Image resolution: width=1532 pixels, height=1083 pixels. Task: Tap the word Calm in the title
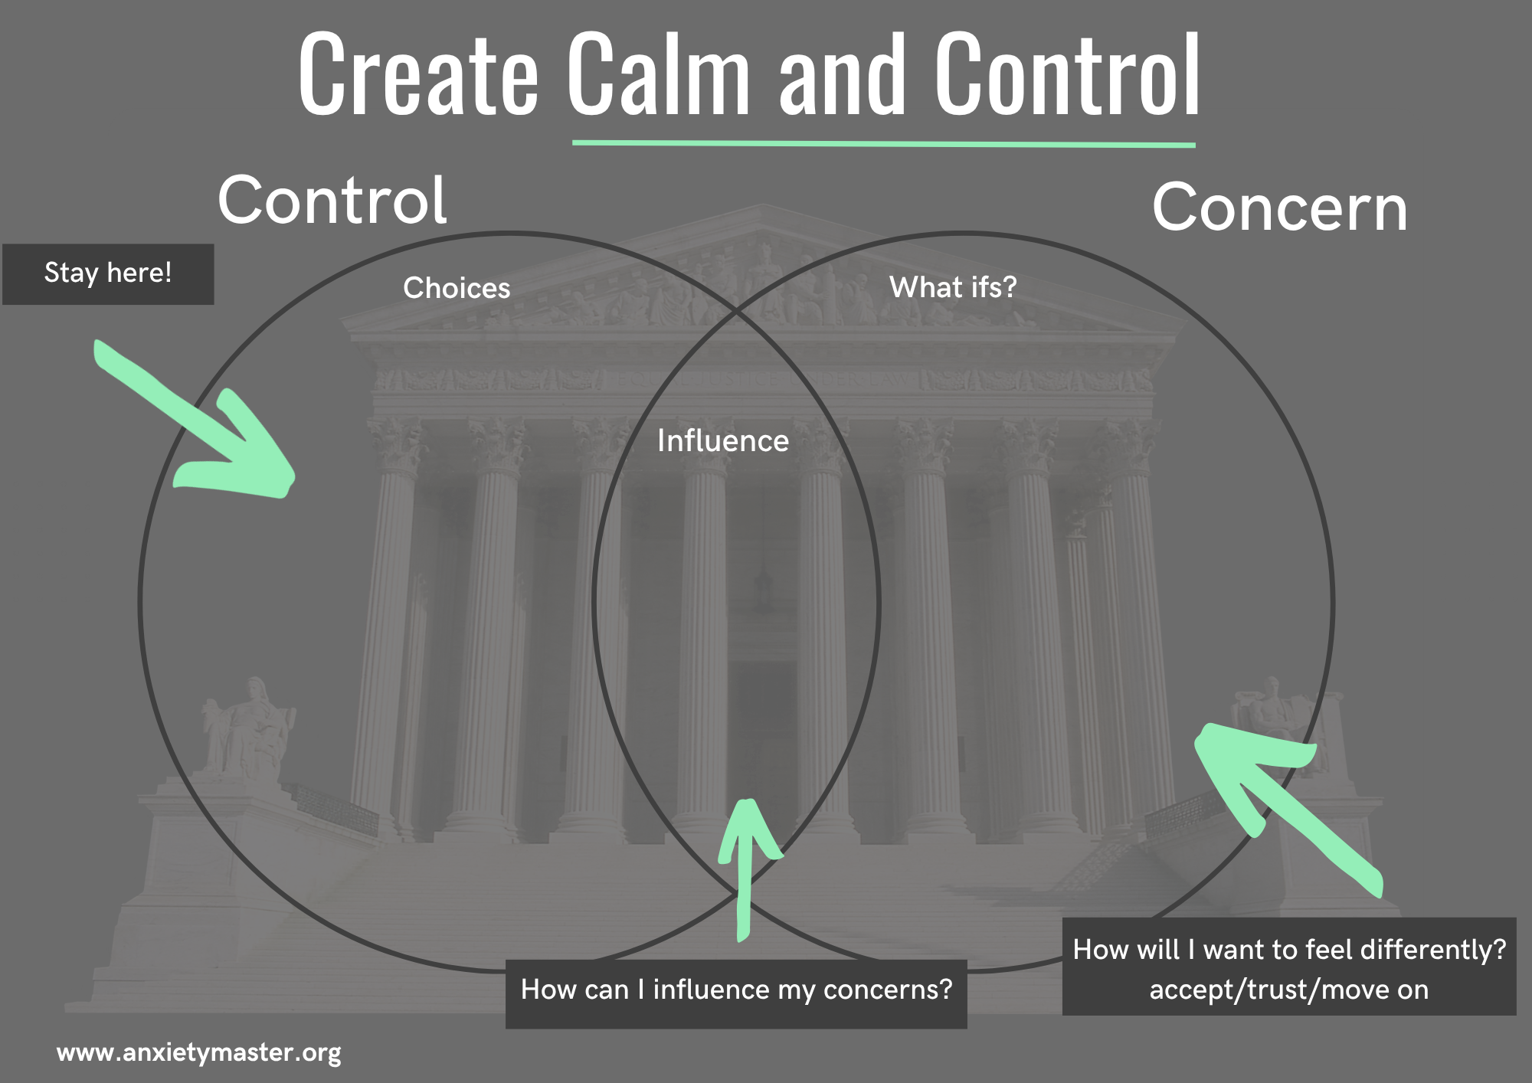click(658, 74)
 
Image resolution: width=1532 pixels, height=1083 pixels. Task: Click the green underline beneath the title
click(883, 143)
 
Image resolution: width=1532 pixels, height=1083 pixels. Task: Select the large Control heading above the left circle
click(332, 201)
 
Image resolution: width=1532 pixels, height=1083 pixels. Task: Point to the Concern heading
click(1279, 208)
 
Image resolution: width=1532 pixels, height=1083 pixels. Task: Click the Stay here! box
click(108, 273)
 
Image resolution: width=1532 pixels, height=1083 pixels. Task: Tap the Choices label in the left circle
click(457, 288)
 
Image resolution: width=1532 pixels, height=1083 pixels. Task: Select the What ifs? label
click(953, 287)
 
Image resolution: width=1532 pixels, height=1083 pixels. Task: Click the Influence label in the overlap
click(723, 441)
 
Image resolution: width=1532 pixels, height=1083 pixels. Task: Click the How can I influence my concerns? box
click(736, 991)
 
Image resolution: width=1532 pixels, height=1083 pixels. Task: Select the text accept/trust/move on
click(1289, 990)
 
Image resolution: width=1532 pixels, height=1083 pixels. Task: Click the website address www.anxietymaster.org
click(198, 1052)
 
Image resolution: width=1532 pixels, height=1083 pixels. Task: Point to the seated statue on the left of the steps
click(247, 728)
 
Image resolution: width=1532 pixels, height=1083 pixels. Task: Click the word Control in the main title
click(1067, 74)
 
